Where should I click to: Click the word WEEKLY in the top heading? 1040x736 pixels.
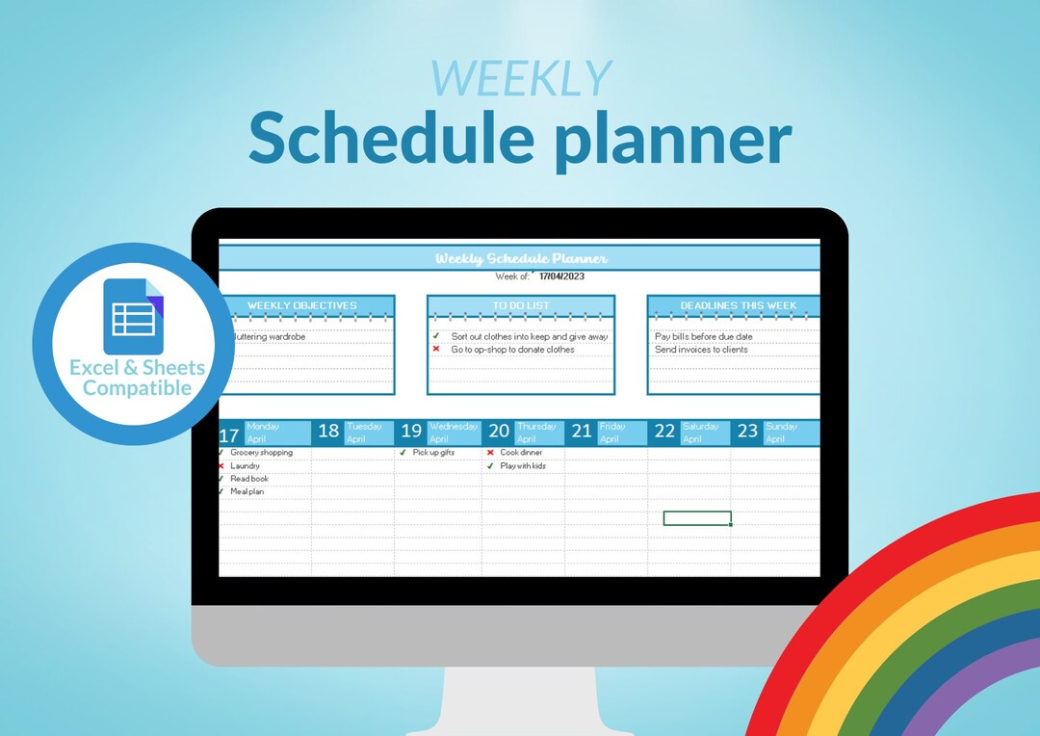(x=521, y=79)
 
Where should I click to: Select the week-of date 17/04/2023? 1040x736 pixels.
(x=561, y=276)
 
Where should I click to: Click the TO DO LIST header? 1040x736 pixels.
(x=520, y=305)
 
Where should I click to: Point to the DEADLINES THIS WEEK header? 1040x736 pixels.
(x=738, y=305)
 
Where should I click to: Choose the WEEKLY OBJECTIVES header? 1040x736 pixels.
(x=301, y=305)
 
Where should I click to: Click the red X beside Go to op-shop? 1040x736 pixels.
(x=436, y=350)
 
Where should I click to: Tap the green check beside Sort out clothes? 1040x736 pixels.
(x=436, y=336)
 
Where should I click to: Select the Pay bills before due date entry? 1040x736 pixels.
(x=704, y=336)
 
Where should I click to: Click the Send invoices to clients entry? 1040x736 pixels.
(x=701, y=350)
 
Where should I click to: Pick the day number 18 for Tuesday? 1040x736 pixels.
(x=328, y=432)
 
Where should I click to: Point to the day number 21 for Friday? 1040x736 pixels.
(x=581, y=432)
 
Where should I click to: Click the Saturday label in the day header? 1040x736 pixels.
(x=701, y=426)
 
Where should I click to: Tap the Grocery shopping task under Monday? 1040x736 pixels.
(x=261, y=452)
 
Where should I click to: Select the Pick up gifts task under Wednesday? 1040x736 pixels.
(x=433, y=452)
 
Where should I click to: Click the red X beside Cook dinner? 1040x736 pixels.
(x=490, y=453)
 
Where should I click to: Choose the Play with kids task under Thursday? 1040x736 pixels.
(x=522, y=465)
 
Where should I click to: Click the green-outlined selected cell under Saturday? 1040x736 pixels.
(x=697, y=518)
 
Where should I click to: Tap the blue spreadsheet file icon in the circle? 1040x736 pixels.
(x=134, y=316)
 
